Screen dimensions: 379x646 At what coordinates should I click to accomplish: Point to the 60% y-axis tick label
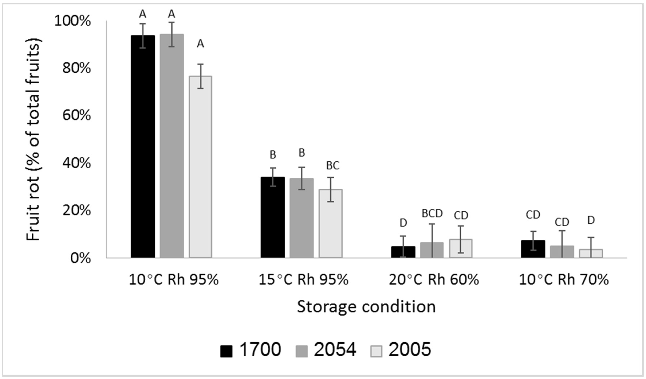[76, 116]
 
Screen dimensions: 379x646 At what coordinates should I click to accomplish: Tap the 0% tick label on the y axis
[80, 258]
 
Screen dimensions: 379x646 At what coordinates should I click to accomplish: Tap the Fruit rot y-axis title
[33, 140]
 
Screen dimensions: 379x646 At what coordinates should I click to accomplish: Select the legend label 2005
[410, 349]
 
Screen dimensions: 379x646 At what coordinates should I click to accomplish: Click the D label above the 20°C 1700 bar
[403, 223]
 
